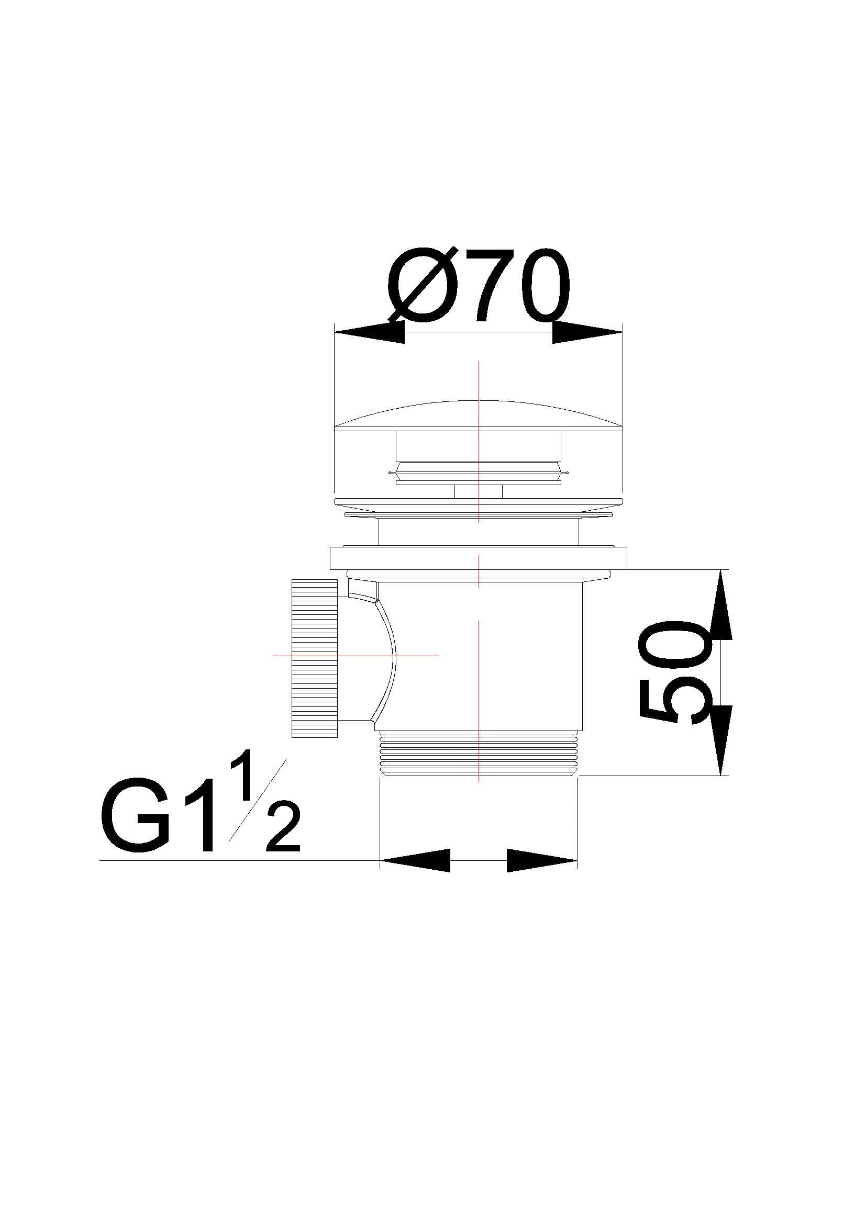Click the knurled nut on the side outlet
[315, 658]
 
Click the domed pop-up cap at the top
[479, 416]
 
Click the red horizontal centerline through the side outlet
[416, 655]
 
